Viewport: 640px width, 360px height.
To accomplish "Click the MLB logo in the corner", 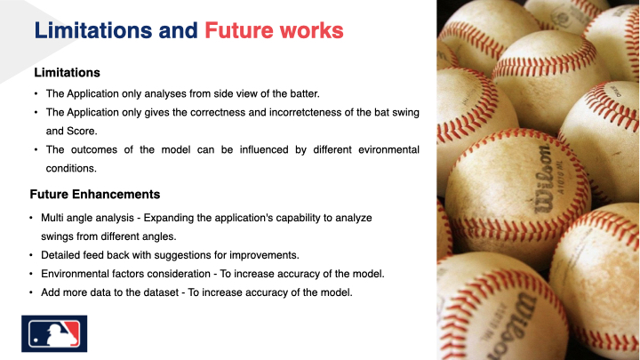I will (51, 333).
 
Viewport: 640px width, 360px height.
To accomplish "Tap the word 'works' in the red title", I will (310, 29).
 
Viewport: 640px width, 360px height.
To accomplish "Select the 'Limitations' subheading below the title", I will (67, 72).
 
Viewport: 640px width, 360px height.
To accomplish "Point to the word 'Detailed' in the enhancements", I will (63, 255).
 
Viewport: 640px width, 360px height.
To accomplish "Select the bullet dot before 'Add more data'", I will (32, 292).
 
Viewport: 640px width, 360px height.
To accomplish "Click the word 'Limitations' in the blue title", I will (92, 29).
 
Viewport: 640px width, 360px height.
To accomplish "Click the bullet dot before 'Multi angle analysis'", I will (32, 218).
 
